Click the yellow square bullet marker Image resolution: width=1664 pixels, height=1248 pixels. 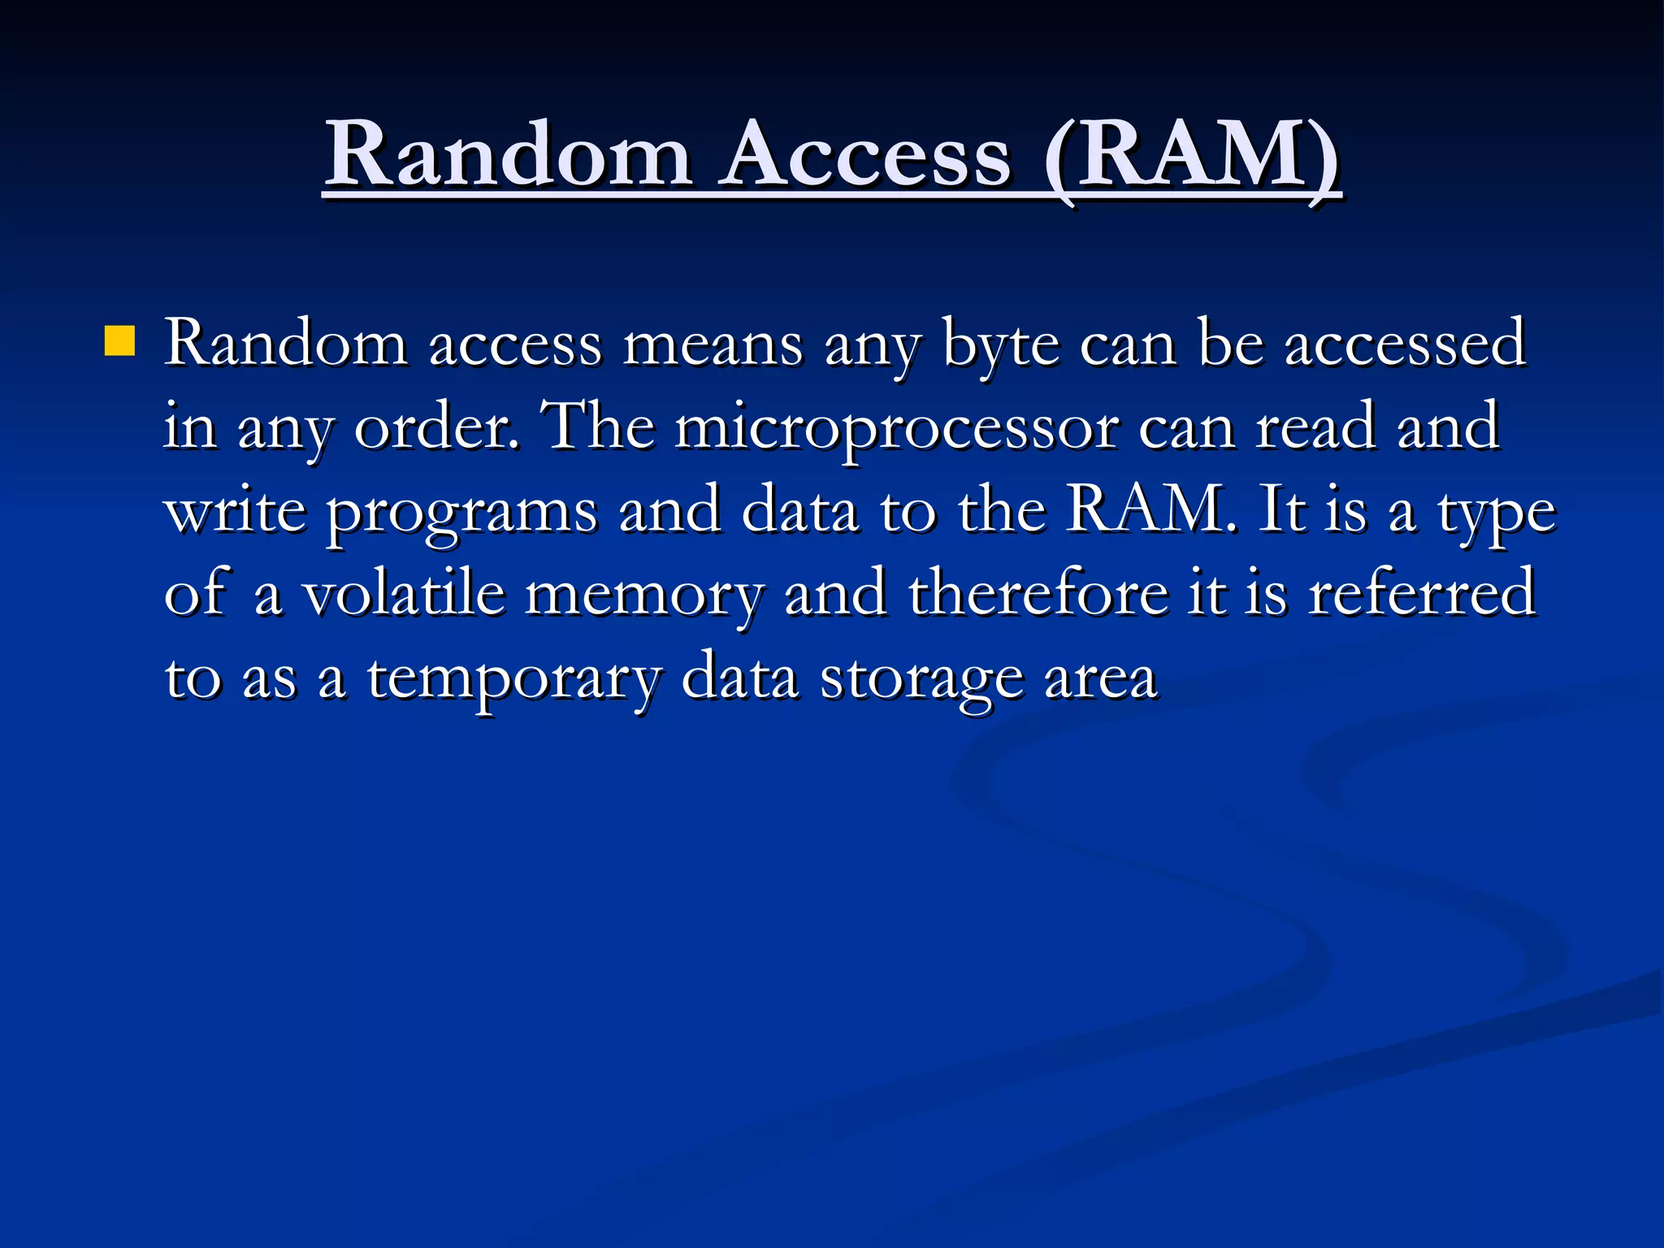pos(119,341)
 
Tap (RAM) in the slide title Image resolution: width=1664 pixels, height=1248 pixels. pos(1191,154)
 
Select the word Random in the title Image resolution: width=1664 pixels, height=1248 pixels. pos(509,154)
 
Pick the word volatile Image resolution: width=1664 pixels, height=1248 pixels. pos(404,593)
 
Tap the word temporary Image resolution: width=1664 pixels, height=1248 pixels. pos(514,678)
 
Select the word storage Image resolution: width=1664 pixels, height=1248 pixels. pos(921,678)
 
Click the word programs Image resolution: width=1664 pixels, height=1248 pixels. pos(462,512)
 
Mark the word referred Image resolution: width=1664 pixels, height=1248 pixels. pos(1422,593)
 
